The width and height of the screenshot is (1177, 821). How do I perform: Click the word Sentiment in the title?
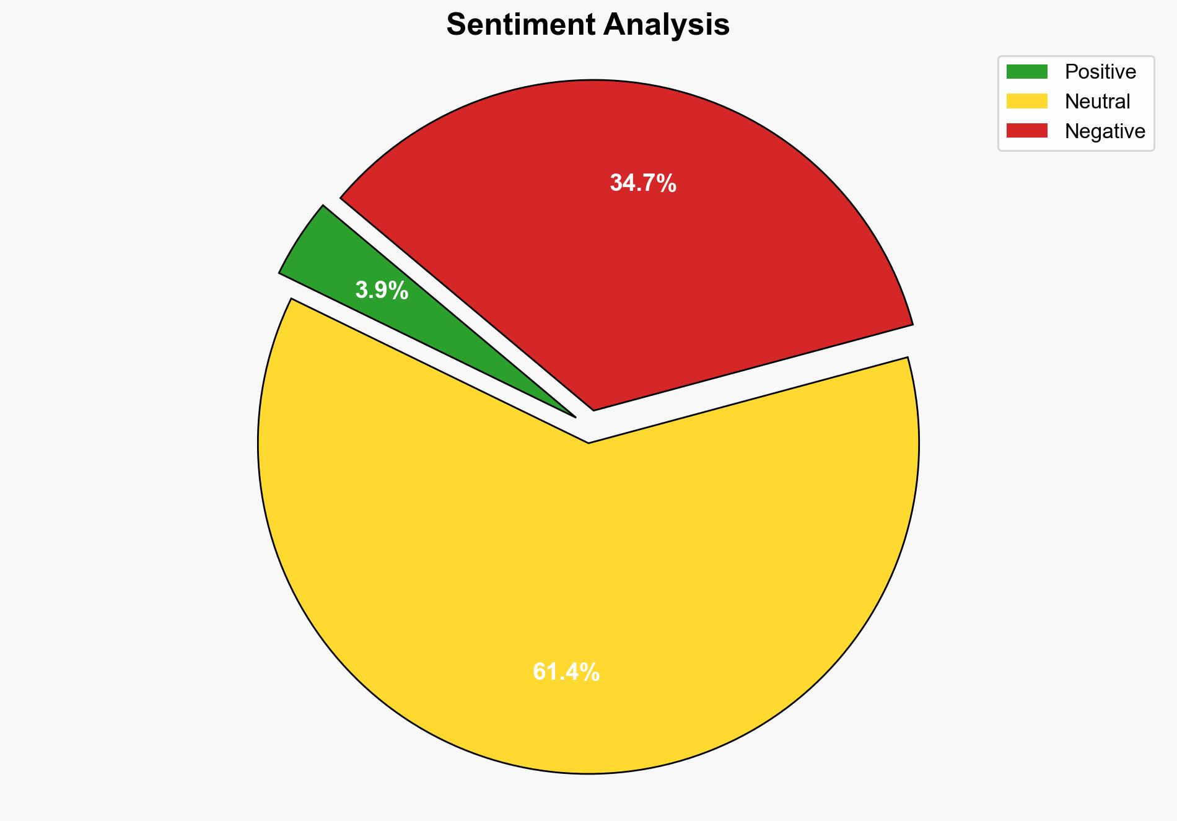(521, 25)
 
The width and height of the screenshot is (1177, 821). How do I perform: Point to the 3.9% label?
(382, 290)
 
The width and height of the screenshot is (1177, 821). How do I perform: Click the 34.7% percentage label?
(643, 183)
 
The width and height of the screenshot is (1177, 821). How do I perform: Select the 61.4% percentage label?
(566, 672)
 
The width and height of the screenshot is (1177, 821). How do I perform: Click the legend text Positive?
(1100, 72)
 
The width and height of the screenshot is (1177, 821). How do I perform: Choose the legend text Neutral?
(1097, 101)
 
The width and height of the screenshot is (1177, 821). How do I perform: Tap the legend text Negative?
(1105, 131)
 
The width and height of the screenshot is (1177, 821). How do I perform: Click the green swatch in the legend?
(1026, 72)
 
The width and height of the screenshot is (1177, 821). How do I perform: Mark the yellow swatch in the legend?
(1026, 101)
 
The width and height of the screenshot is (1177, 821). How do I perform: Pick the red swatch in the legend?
(1026, 131)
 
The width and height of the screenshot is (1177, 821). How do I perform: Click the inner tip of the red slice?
(594, 408)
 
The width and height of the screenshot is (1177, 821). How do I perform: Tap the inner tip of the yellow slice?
(588, 442)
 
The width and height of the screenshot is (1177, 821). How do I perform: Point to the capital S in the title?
(455, 25)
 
